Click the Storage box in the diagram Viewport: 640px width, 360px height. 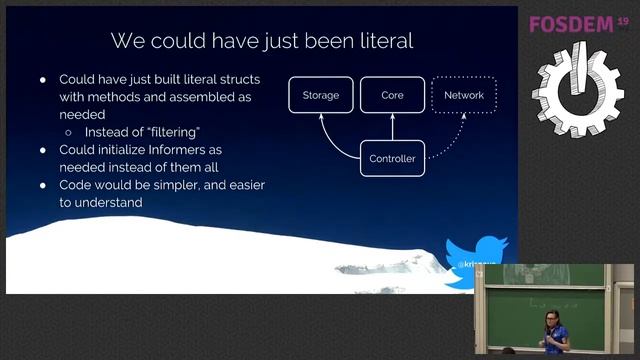coord(321,96)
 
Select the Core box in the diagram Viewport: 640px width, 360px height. coord(392,96)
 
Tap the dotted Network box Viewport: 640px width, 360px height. coord(463,96)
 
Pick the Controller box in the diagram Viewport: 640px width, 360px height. coord(392,159)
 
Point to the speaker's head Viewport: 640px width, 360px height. coord(552,319)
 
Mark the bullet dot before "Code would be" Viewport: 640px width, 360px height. coord(43,186)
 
